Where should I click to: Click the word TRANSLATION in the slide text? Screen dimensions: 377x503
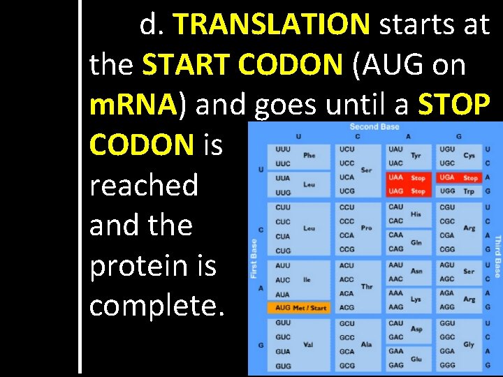tap(272, 25)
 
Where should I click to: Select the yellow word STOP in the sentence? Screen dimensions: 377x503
tap(453, 105)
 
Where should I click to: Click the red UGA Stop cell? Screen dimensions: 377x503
tap(458, 178)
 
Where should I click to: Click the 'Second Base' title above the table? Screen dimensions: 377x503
tap(374, 127)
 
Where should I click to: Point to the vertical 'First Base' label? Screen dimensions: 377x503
tap(254, 258)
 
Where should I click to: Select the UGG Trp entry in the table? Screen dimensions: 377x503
tap(458, 191)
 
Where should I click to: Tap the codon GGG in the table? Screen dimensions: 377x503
tap(447, 365)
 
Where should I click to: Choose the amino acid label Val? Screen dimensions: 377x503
tap(308, 344)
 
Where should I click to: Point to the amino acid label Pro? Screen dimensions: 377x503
tap(366, 228)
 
